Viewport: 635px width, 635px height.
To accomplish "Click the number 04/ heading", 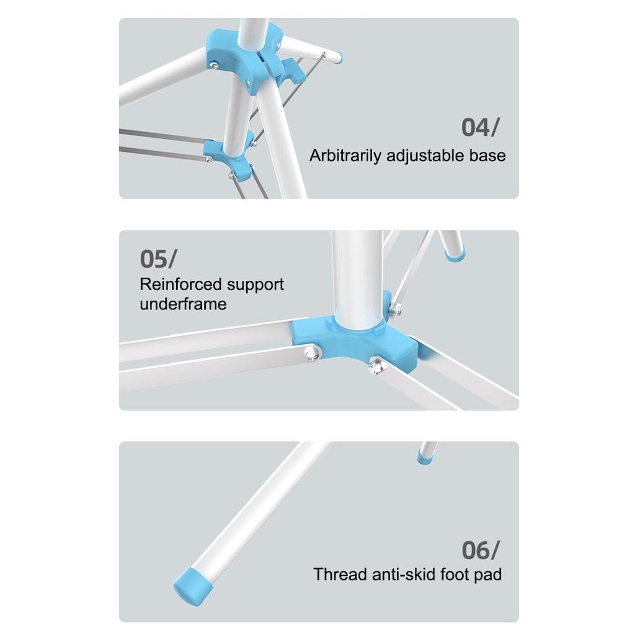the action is [x=481, y=128].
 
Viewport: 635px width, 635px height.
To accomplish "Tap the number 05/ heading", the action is [x=158, y=259].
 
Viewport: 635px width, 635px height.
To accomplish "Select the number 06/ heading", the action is [x=481, y=550].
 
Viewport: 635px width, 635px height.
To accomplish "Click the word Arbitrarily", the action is [x=345, y=156].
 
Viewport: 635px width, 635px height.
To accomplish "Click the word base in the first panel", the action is [x=487, y=156].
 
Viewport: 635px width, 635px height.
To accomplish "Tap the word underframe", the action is [x=183, y=304].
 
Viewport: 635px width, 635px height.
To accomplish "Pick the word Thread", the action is [x=340, y=574].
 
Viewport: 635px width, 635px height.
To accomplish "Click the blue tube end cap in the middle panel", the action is [x=455, y=254].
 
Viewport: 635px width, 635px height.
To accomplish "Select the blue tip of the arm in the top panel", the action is [x=338, y=58].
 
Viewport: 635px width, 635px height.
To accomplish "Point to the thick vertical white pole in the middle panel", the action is [x=357, y=280].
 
